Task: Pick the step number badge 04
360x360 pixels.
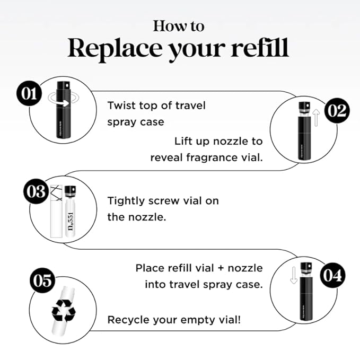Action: pyautogui.click(x=332, y=275)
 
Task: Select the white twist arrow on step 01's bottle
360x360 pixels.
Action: pyautogui.click(x=63, y=103)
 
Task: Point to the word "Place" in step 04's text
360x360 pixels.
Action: pyautogui.click(x=149, y=268)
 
